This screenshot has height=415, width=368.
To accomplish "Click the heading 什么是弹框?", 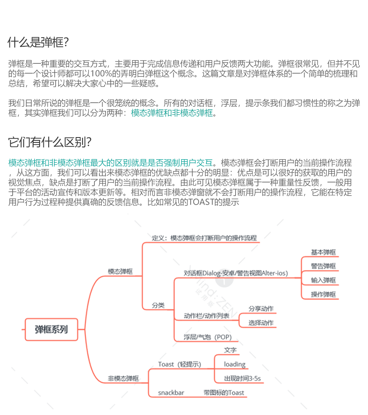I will click(x=38, y=42).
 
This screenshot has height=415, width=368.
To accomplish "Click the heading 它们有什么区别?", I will click(x=49, y=142).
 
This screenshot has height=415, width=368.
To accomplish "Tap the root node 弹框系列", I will click(x=51, y=329).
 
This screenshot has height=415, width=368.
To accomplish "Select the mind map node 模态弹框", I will click(x=120, y=271).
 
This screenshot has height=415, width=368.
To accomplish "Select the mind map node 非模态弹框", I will click(x=123, y=379).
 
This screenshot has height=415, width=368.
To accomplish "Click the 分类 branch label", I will click(x=158, y=305).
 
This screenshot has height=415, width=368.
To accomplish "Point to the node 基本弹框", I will click(x=323, y=253).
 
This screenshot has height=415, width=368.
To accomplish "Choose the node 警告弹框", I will click(x=323, y=266).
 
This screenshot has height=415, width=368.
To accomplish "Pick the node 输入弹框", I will click(x=323, y=280).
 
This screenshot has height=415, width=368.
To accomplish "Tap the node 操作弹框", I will click(x=323, y=294).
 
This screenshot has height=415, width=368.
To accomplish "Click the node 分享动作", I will click(x=261, y=309).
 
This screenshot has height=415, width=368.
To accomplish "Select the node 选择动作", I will click(x=261, y=323).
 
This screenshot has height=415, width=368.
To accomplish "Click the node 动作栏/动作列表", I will click(x=206, y=316).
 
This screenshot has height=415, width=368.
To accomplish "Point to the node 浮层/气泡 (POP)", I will click(x=207, y=337).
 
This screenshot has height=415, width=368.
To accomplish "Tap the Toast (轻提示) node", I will click(x=180, y=364).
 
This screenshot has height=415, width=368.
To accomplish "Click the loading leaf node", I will click(x=235, y=364).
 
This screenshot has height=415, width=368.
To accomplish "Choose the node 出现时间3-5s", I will click(x=242, y=379).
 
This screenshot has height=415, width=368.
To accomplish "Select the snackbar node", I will click(x=171, y=393).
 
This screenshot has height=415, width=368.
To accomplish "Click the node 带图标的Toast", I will click(x=224, y=393).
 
